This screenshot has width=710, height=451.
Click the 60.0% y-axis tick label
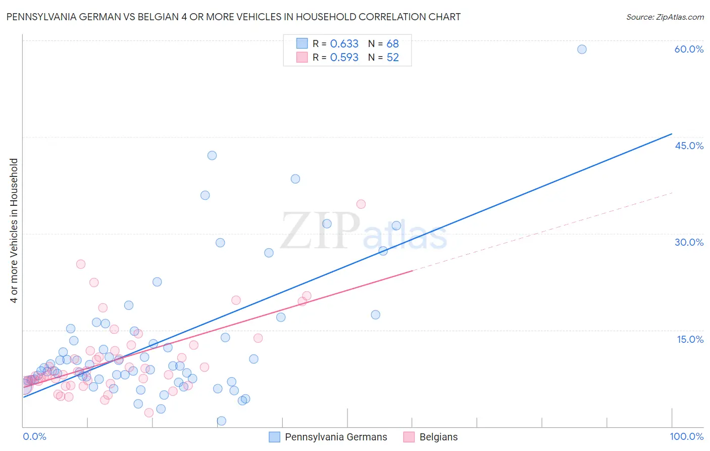689,49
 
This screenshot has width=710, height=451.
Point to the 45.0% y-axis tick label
689,146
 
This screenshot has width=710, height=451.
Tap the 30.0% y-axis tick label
689,242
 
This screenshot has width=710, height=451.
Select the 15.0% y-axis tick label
690,339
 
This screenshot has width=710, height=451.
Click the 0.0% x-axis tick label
34,436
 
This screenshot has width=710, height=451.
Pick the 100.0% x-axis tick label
686,436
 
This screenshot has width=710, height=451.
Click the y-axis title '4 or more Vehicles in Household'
14,231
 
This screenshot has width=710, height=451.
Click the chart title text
233,17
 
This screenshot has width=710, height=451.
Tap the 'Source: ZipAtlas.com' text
665,17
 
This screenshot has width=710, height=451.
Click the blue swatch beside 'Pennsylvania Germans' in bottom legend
274,437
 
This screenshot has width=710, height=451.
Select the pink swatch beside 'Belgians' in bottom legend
409,437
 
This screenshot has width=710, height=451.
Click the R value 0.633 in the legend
344,44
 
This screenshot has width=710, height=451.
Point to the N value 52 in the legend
392,58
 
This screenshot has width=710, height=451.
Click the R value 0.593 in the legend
344,58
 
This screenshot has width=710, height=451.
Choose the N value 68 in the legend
392,44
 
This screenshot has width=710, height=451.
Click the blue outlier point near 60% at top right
582,49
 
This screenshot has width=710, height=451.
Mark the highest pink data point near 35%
361,204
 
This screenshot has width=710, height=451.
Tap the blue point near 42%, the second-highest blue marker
212,155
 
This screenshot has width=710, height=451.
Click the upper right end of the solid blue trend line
672,133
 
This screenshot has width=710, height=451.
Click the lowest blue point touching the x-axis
221,421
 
